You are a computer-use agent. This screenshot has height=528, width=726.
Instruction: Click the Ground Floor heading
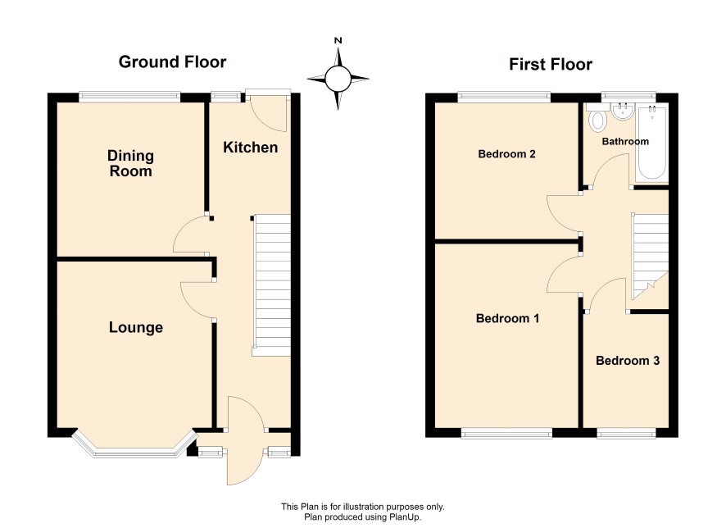(x=172, y=62)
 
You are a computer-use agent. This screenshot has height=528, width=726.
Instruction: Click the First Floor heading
(x=551, y=65)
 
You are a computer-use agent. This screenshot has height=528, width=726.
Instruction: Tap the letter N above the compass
(x=338, y=41)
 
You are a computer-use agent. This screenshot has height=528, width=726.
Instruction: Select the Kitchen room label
(x=251, y=148)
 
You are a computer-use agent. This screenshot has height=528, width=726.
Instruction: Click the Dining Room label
(x=130, y=163)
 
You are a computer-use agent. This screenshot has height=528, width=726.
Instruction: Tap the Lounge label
(x=136, y=328)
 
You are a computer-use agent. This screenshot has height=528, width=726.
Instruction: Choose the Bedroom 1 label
(x=507, y=318)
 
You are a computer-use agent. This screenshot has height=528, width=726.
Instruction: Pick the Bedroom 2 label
(x=506, y=154)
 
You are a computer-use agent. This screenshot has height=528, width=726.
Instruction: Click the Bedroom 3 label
(x=628, y=361)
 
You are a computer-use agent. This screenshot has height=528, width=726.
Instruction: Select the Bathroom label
(x=625, y=141)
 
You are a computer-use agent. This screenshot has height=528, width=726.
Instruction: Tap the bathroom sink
(x=623, y=112)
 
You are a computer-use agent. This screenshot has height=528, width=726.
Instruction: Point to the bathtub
(x=652, y=143)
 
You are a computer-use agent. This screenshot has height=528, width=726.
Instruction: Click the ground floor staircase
(x=272, y=284)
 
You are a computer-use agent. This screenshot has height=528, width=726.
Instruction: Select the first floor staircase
(x=650, y=257)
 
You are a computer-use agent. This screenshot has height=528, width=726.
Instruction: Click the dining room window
(x=129, y=96)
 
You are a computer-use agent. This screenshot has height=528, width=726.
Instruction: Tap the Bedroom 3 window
(x=626, y=433)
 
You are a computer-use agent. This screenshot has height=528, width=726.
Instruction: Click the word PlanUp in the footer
(x=404, y=517)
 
